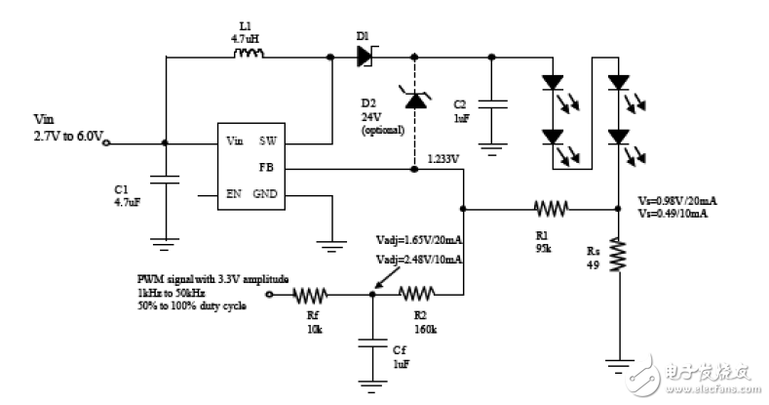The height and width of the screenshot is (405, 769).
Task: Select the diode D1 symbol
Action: (x=365, y=56)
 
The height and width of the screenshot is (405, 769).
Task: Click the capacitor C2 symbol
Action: (x=494, y=103)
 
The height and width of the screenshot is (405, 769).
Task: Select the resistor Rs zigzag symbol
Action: (x=617, y=259)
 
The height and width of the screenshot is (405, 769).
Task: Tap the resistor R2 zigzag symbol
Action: (x=417, y=293)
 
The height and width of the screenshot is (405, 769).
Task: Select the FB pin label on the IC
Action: (x=266, y=167)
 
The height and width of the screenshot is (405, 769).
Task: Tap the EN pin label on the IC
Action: (x=234, y=193)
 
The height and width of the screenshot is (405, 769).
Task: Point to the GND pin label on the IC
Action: (x=265, y=193)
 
